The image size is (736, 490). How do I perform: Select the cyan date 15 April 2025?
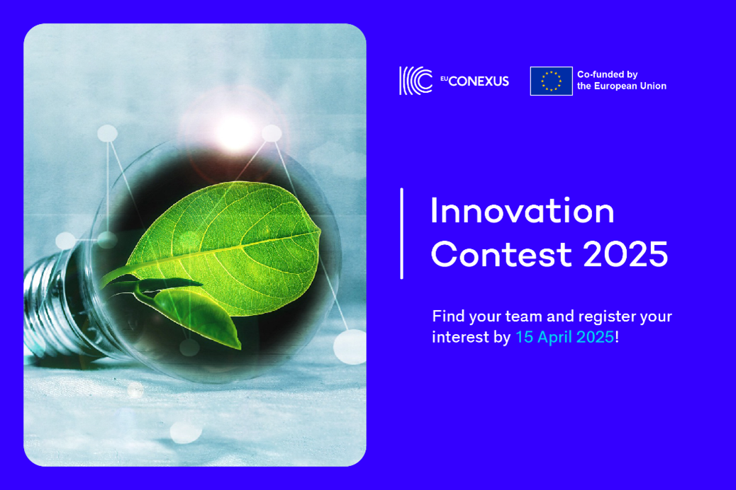tap(564, 337)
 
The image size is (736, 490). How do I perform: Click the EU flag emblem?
tap(551, 81)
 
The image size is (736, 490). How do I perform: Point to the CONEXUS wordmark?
tap(479, 81)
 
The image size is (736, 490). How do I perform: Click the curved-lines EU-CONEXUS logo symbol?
tap(416, 81)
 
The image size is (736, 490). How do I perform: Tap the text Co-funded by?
tap(608, 74)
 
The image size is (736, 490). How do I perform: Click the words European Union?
tap(630, 86)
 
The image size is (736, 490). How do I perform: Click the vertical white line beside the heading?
tap(402, 234)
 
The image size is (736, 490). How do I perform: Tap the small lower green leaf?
tap(197, 314)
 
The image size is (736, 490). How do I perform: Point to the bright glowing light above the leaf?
tap(235, 129)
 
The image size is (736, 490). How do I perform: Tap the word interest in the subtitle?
tap(461, 337)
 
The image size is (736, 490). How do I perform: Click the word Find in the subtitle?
tap(448, 317)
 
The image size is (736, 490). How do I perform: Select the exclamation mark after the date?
tap(617, 337)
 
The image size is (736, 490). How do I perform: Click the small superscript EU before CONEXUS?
tap(444, 79)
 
